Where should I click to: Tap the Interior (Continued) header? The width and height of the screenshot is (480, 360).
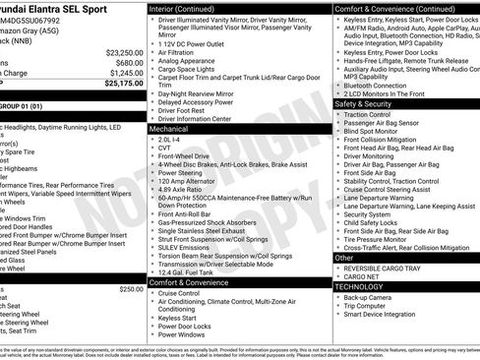click(x=189, y=8)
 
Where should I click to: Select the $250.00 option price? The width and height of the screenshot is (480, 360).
click(x=131, y=289)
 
